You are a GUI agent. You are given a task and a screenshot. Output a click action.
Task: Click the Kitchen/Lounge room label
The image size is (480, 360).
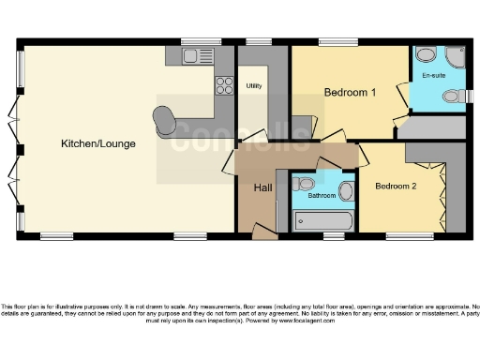(x=98, y=144)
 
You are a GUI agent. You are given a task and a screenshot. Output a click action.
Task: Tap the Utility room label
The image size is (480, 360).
(x=253, y=86)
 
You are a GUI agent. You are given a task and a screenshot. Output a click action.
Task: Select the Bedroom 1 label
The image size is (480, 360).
(x=350, y=93)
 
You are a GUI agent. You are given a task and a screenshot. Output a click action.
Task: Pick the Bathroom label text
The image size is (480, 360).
(x=322, y=196)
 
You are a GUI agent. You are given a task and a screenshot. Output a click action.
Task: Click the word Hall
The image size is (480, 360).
(x=263, y=187)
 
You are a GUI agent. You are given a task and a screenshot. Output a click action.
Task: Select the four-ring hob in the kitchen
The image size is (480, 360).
(x=224, y=85)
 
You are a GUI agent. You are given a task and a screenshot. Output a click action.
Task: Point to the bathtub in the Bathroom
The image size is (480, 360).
(x=322, y=221)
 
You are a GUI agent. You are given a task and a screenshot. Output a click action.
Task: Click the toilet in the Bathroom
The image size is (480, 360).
(x=345, y=192)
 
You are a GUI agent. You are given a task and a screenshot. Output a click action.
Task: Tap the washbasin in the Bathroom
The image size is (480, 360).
(x=304, y=183)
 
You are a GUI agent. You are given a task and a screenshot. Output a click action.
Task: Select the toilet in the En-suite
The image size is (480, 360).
(x=455, y=95)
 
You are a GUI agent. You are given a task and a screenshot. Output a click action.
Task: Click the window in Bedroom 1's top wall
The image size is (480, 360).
(x=337, y=42)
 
